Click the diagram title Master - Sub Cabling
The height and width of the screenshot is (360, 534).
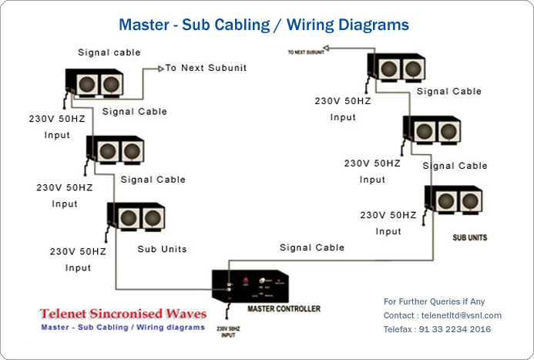(x=264, y=25)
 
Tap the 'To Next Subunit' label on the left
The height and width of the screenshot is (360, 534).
(x=206, y=68)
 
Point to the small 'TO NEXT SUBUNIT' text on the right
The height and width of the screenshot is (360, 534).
(x=304, y=52)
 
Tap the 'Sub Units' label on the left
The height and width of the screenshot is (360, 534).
(x=162, y=249)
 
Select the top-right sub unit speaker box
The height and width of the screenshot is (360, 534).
(x=397, y=68)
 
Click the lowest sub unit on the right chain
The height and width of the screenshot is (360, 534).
(x=454, y=201)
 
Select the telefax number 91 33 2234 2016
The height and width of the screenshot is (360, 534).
(x=455, y=329)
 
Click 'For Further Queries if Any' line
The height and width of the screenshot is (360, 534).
(x=435, y=301)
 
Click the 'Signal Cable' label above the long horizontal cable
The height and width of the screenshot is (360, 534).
(x=311, y=247)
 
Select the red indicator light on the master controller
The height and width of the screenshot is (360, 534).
(x=245, y=279)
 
